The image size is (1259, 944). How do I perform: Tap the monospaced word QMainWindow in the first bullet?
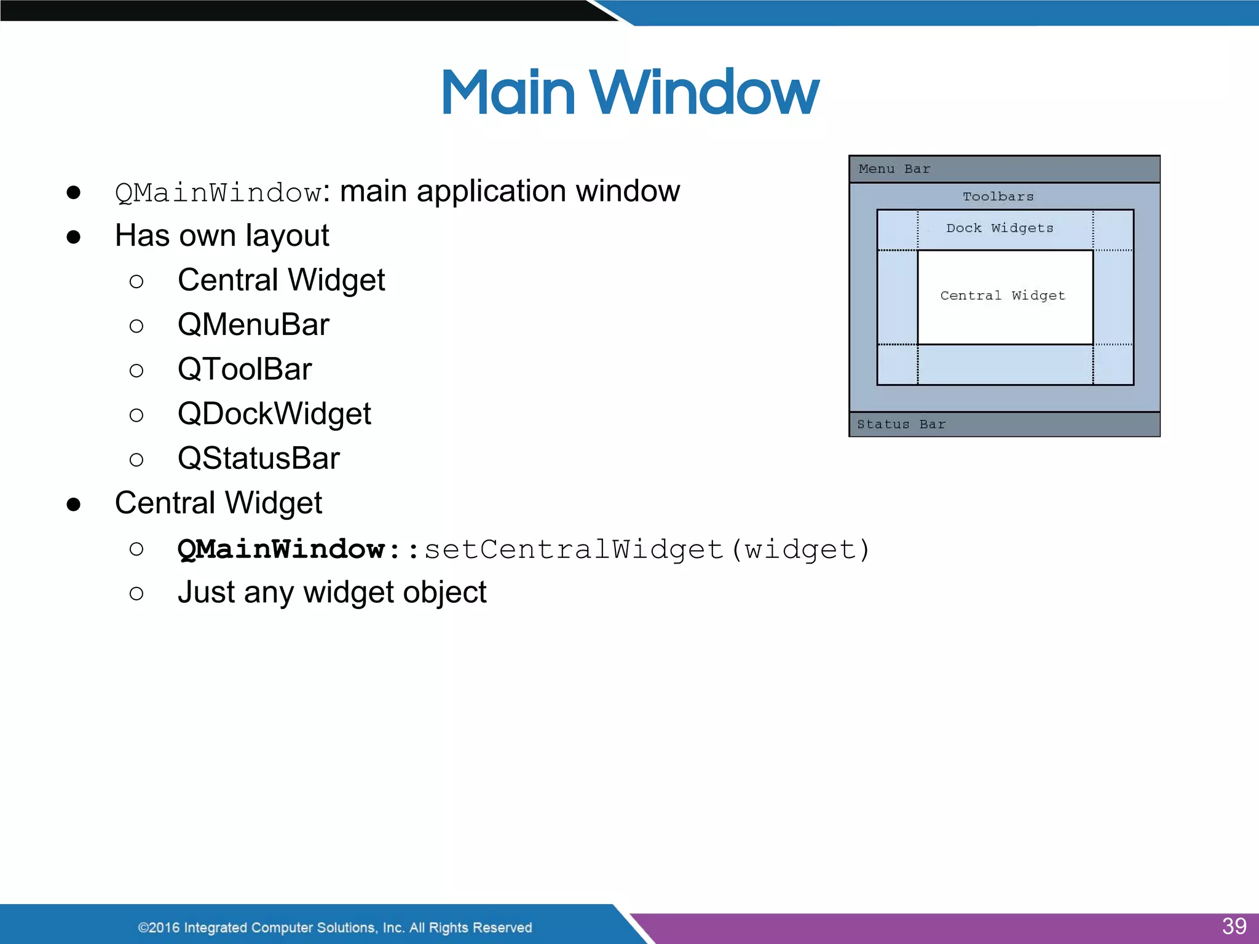218,193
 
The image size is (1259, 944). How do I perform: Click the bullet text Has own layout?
222,236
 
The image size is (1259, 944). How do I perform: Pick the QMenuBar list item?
253,324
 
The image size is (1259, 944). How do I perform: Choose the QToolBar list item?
245,369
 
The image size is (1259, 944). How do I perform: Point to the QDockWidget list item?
274,414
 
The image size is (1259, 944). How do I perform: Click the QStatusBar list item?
259,458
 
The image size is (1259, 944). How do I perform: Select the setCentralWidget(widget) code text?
647,549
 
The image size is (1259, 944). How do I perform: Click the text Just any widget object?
332,592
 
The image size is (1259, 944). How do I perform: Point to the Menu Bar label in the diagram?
894,169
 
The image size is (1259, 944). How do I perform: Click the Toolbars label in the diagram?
998,197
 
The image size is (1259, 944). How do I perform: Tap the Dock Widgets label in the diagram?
1000,228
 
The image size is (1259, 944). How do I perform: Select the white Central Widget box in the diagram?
1004,297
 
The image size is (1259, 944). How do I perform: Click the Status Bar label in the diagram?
901,424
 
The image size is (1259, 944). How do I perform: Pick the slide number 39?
1234,926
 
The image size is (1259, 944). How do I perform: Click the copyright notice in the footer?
335,927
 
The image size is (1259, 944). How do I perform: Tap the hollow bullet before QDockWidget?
136,415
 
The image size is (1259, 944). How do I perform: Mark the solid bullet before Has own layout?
74,237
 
